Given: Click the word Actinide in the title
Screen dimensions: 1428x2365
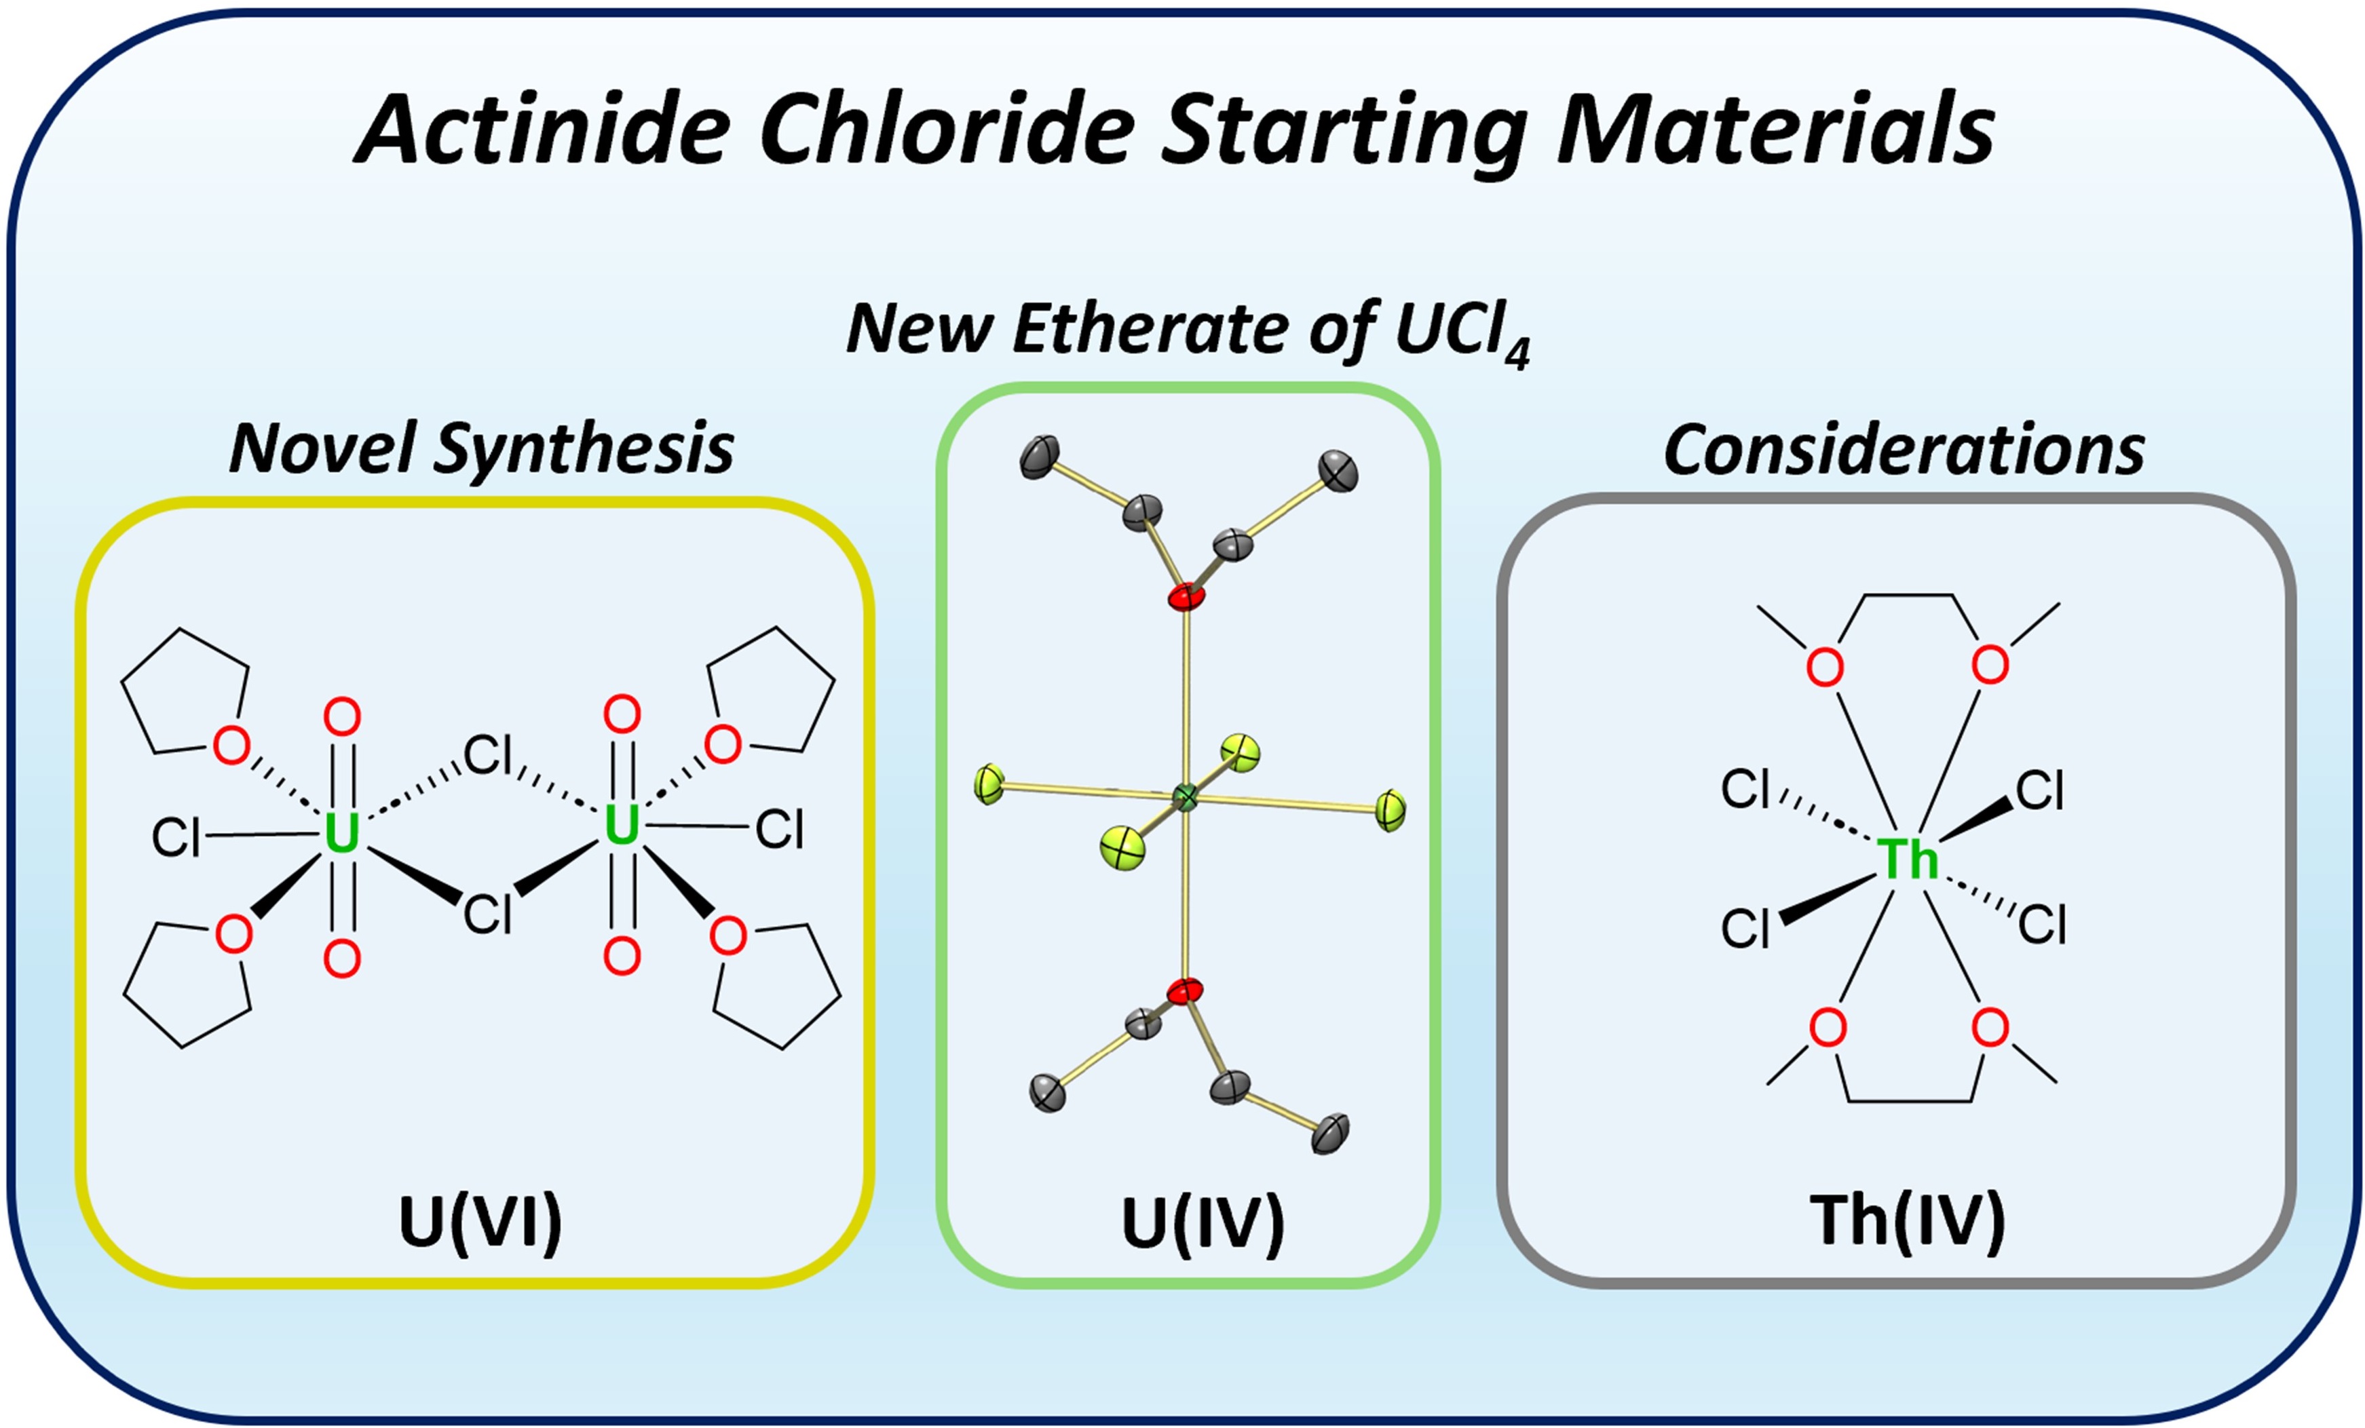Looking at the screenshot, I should [x=542, y=130].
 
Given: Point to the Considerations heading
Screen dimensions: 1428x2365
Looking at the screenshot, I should [x=1904, y=449].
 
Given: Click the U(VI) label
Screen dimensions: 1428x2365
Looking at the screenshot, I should [x=480, y=1222].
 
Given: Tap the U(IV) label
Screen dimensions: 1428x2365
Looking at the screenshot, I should [x=1202, y=1222].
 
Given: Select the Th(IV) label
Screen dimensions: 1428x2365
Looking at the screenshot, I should [x=1907, y=1222].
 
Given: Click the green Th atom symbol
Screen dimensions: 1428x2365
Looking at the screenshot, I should [x=1906, y=859].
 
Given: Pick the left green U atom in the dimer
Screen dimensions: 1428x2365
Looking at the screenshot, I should [x=342, y=833].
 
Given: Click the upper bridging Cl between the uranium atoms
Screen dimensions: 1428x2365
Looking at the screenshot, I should [x=487, y=754].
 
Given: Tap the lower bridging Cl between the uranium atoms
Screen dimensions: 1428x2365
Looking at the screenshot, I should [x=487, y=914].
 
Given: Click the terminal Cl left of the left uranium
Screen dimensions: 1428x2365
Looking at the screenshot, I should [x=176, y=838].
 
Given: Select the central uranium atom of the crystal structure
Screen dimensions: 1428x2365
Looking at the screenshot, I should [x=1186, y=796].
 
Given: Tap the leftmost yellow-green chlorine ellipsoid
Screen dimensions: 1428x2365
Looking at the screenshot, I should [x=989, y=784].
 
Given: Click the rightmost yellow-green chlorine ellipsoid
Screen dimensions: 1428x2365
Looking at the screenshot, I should [x=1390, y=811].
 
